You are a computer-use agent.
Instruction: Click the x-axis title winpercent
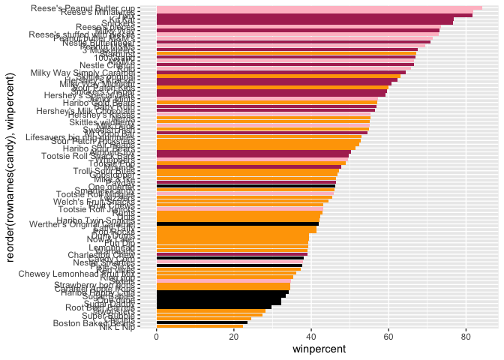(319, 350)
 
